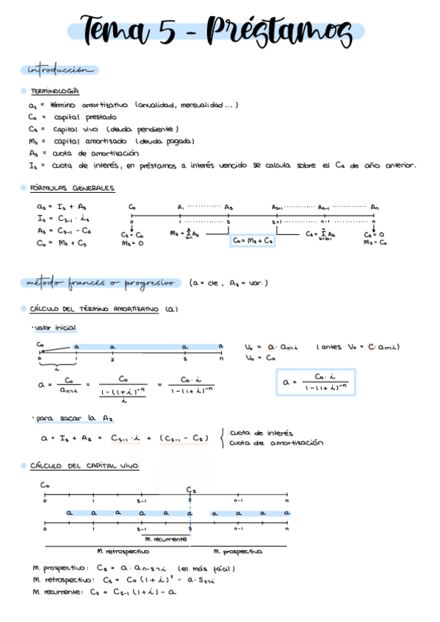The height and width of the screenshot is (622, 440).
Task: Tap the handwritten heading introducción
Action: tap(59, 70)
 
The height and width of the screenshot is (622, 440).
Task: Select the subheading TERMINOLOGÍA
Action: tap(55, 91)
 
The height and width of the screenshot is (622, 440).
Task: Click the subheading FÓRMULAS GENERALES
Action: tap(72, 189)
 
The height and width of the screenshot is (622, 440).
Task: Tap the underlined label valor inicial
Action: tap(56, 327)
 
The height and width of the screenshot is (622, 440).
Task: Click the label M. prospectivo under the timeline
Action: tap(238, 551)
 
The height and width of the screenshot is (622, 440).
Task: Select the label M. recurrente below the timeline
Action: tap(165, 539)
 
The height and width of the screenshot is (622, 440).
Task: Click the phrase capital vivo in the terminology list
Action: tap(76, 128)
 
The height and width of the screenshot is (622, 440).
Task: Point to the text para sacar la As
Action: tap(74, 418)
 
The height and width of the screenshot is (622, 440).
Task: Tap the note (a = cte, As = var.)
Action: tap(228, 283)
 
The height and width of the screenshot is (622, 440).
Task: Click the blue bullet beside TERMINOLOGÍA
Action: tap(24, 91)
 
